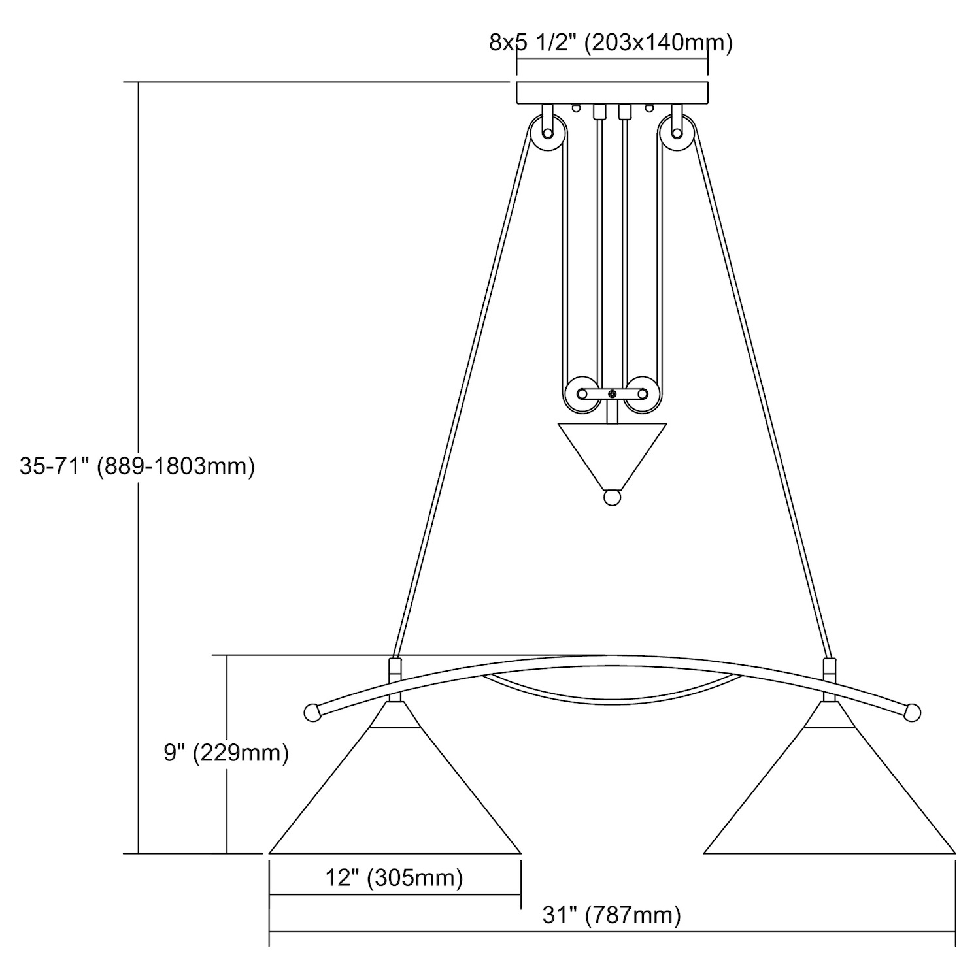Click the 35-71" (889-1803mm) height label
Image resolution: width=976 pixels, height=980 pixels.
pyautogui.click(x=137, y=466)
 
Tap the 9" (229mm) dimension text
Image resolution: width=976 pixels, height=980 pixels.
pyautogui.click(x=226, y=753)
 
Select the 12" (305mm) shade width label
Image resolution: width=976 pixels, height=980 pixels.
pyautogui.click(x=394, y=877)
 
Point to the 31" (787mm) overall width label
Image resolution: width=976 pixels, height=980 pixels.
pyautogui.click(x=612, y=915)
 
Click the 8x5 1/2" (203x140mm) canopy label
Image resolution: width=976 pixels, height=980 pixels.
pyautogui.click(x=611, y=43)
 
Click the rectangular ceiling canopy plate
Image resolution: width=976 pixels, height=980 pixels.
pyautogui.click(x=612, y=93)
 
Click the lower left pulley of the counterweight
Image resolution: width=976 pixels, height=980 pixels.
pyautogui.click(x=582, y=394)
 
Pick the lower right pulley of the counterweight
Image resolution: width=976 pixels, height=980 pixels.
pyautogui.click(x=643, y=394)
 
